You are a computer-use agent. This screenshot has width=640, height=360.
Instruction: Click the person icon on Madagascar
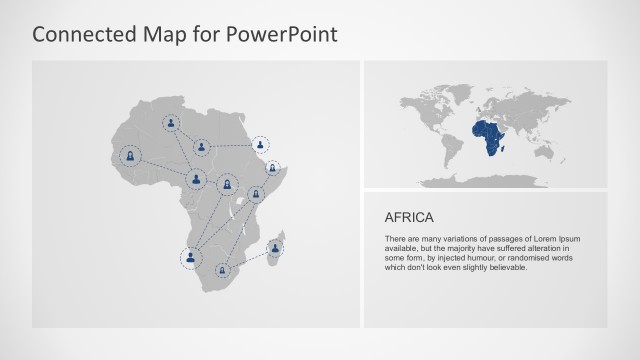[x=273, y=246]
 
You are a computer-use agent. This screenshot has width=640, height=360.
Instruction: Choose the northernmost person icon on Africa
[x=173, y=125]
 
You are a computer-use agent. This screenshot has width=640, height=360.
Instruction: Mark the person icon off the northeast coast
[x=261, y=144]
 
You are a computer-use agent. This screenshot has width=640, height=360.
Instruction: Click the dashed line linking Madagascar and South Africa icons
[x=248, y=258]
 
